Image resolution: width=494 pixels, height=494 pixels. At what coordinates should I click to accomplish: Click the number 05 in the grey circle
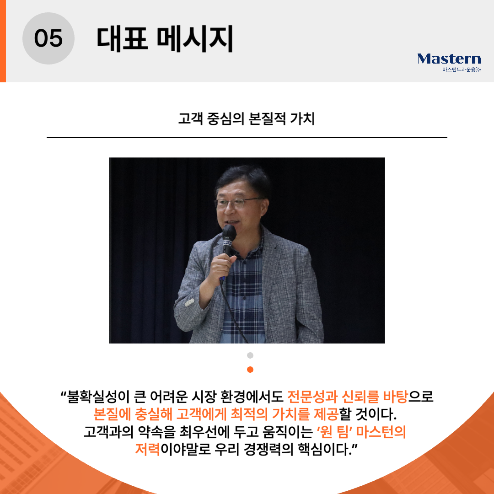(x=48, y=38)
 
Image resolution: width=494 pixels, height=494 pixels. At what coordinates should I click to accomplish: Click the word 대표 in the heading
(x=122, y=39)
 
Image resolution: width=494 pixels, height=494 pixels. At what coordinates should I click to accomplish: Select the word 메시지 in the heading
(x=195, y=39)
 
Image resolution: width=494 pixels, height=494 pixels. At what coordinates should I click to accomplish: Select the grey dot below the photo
(x=250, y=355)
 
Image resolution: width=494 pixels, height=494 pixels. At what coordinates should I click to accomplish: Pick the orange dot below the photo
(x=250, y=370)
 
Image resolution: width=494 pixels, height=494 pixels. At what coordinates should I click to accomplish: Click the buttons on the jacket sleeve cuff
(x=189, y=302)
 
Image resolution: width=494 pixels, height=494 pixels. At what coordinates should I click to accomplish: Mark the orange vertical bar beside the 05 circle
(x=3, y=41)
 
